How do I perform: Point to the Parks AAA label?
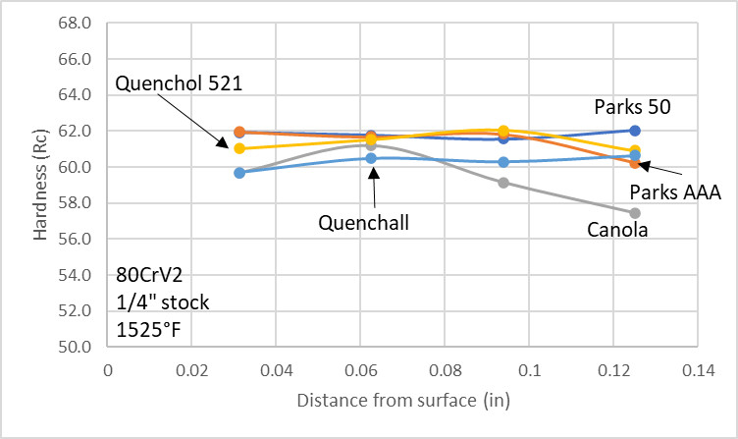(675, 193)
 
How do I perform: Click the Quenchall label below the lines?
(363, 222)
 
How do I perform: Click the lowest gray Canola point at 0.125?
(635, 213)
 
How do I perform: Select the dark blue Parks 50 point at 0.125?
(635, 130)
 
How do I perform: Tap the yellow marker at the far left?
(239, 148)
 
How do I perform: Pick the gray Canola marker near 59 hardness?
(503, 183)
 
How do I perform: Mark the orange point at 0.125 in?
(635, 163)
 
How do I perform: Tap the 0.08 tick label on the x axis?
(445, 373)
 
